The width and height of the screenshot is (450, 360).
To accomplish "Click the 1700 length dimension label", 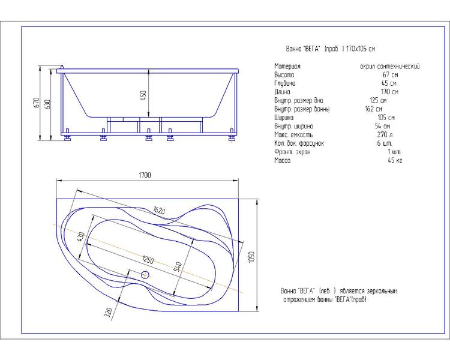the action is pos(145,175).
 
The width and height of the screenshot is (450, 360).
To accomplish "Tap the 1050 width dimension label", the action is pos(251,257).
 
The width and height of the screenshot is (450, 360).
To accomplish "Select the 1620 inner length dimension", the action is pos(159,211).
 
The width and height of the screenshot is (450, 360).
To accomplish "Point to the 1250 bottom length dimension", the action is pos(148,260).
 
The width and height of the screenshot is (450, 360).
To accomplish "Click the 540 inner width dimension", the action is pos(178,266).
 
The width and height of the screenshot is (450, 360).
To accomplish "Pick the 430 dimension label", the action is pos(80,236).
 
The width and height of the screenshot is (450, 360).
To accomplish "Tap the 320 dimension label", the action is pos(108,313).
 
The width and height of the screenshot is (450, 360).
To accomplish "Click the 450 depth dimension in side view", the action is pos(143,95).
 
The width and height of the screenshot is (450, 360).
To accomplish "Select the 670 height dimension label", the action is pos(37,103).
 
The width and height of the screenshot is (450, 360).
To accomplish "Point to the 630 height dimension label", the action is pos(47,104).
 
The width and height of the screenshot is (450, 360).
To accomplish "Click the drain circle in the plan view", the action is pos(145,275).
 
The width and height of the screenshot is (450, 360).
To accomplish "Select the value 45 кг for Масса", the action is pos(395,160).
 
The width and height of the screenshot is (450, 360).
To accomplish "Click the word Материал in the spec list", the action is pos(287,67).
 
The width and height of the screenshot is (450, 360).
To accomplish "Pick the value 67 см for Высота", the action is pos(391,74).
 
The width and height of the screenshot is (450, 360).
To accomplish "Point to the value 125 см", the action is pos(378,100).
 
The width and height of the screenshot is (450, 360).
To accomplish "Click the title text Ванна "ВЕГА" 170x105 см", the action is pos(331,49).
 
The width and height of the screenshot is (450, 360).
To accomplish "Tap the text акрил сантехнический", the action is pos(390,67).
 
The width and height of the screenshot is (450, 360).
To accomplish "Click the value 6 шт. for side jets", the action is pos(385,143).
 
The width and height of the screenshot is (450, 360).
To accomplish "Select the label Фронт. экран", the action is pos(292,152).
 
